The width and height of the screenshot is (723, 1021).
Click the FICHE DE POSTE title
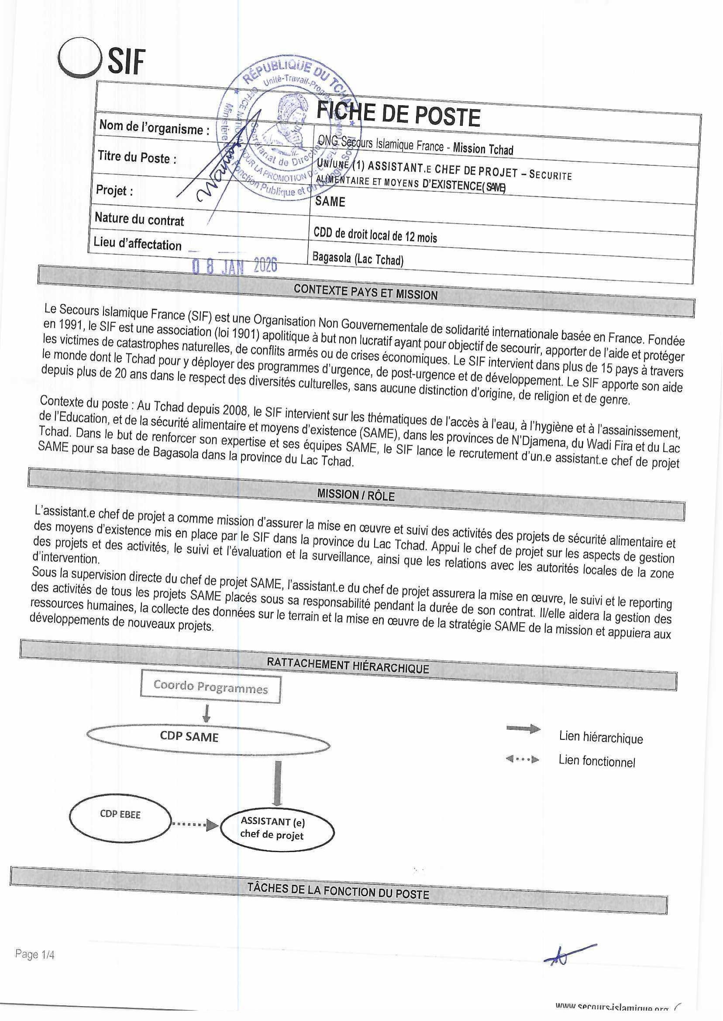[x=398, y=115]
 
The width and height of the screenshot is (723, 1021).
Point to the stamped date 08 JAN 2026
[x=234, y=266]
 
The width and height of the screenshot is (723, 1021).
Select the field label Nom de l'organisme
[x=154, y=128]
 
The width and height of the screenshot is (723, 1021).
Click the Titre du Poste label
[x=137, y=158]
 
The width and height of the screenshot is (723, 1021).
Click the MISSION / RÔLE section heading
[x=356, y=495]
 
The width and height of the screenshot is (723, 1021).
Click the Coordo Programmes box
[x=210, y=688]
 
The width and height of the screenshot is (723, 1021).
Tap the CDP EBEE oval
[x=120, y=814]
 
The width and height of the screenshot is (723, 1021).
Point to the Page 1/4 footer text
[x=35, y=954]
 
